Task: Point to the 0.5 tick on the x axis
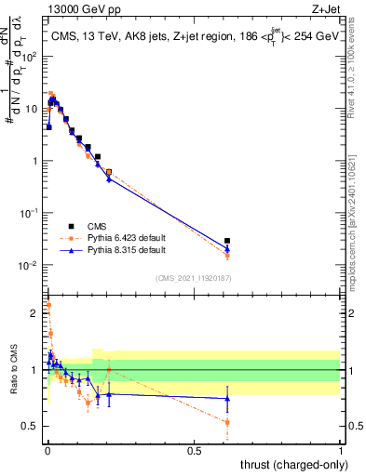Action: [x=194, y=451]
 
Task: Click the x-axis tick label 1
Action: [x=341, y=451]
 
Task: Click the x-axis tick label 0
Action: [x=47, y=451]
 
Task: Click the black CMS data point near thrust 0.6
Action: [x=227, y=241]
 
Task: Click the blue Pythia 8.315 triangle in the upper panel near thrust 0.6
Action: [x=227, y=249]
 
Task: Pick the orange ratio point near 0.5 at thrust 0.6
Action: [x=227, y=422]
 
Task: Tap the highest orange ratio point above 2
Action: [x=48, y=304]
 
